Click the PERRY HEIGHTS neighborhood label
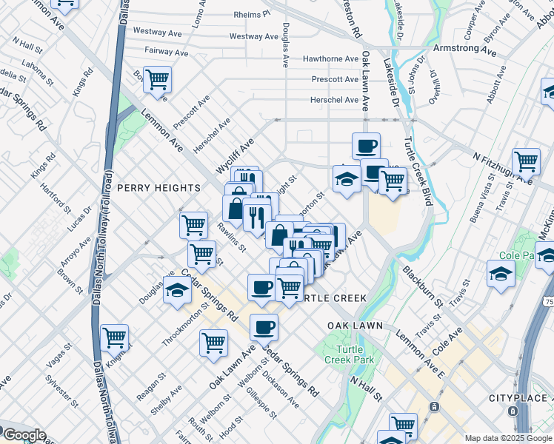click(x=158, y=188)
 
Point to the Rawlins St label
click(x=232, y=238)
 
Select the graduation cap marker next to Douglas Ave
click(x=177, y=292)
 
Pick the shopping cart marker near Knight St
click(x=114, y=337)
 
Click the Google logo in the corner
click(x=24, y=435)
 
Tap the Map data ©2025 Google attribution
click(x=507, y=438)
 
